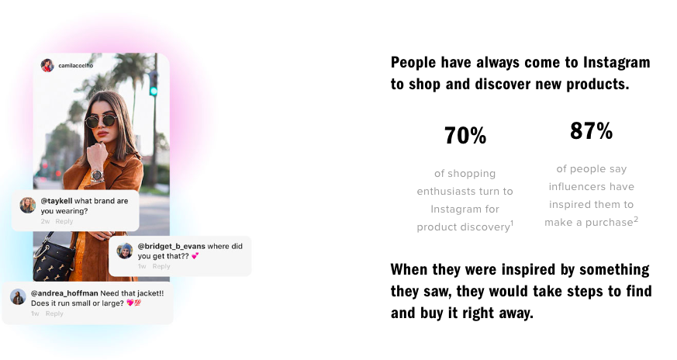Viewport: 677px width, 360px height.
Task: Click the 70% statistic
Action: point(465,135)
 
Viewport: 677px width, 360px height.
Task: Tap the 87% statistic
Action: point(591,130)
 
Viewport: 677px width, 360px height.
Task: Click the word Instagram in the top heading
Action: point(617,63)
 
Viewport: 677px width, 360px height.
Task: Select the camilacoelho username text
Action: point(75,66)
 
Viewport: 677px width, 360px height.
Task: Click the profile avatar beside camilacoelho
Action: point(47,65)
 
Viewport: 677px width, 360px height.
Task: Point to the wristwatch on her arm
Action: point(97,175)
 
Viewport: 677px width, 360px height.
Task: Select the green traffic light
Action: point(154,84)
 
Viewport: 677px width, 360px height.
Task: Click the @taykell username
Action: point(57,201)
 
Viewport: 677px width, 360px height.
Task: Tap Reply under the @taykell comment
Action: point(64,221)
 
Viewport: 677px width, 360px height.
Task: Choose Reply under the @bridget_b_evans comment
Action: point(161,266)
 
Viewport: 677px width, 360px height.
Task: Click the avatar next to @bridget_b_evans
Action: point(125,251)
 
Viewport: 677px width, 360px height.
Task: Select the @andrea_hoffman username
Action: point(64,293)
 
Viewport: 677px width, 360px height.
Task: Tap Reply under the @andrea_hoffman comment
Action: point(54,313)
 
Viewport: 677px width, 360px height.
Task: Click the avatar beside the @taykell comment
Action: point(28,206)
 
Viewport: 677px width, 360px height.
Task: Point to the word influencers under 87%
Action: point(592,187)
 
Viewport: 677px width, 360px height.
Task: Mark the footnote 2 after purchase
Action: point(636,219)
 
